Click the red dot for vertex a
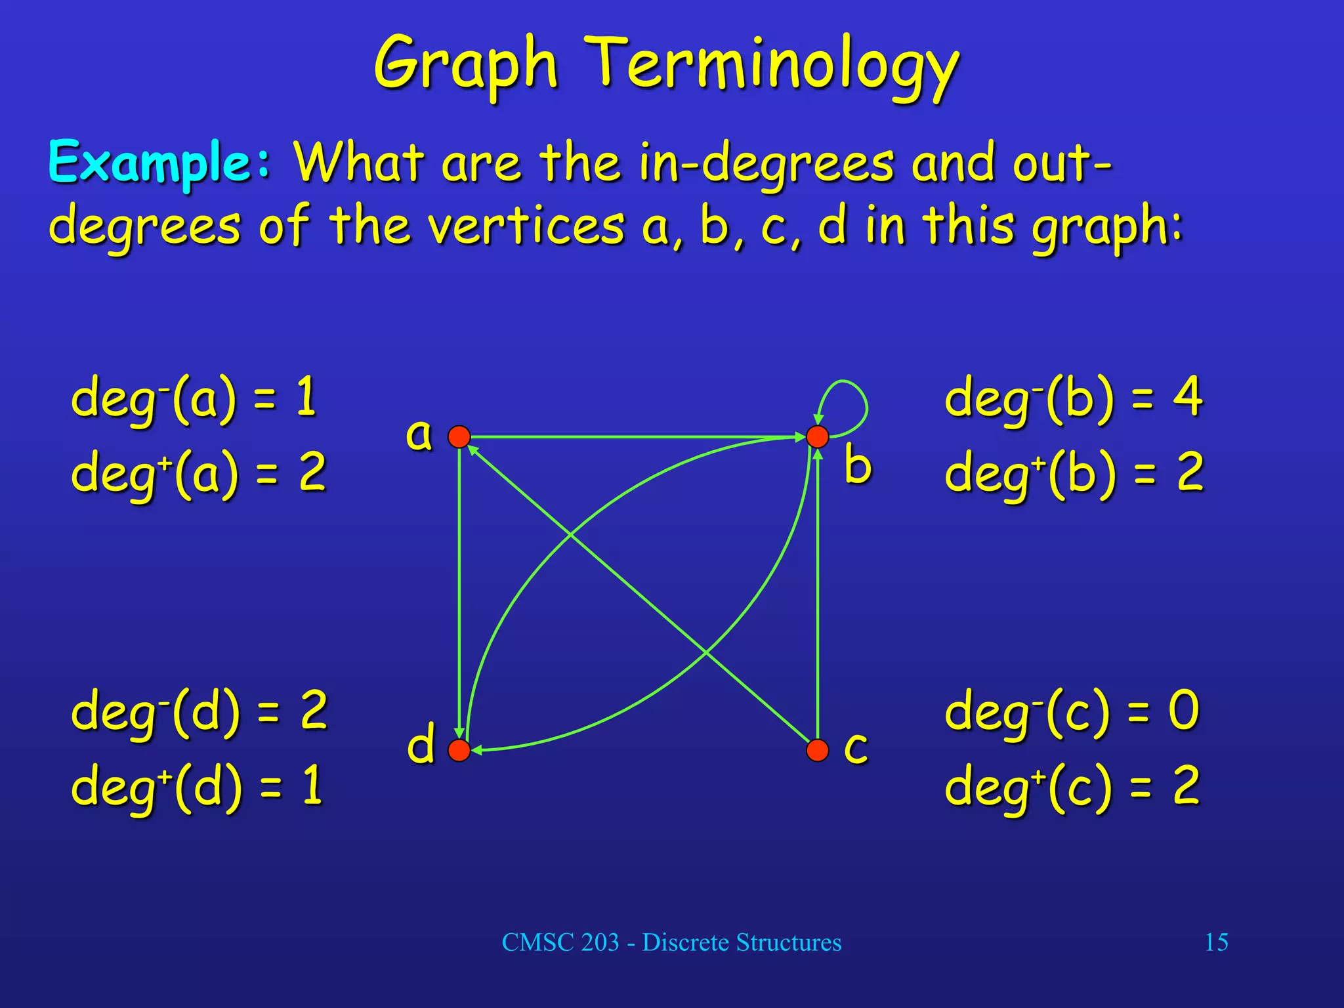[459, 436]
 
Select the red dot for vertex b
[817, 436]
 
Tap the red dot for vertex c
[817, 750]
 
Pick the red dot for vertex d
[459, 750]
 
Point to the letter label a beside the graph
[419, 434]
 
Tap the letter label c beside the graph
[856, 748]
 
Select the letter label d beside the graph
[421, 744]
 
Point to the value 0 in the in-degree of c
[1183, 710]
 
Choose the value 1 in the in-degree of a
[306, 396]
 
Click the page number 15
[1216, 942]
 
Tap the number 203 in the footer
[600, 942]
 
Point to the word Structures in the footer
[788, 942]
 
